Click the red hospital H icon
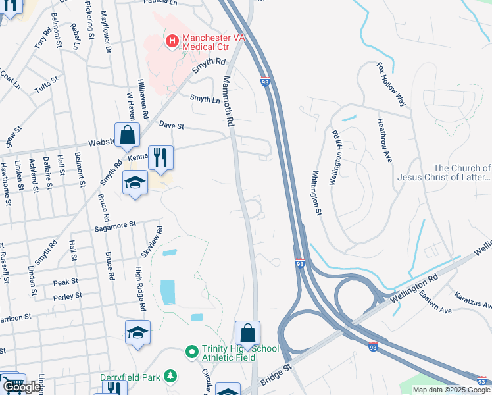pyautogui.click(x=172, y=41)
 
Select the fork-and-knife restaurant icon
pyautogui.click(x=160, y=158)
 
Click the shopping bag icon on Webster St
pyautogui.click(x=127, y=136)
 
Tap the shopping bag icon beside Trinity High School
pyautogui.click(x=248, y=333)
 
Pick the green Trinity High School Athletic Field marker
pyautogui.click(x=191, y=352)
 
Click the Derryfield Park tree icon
pyautogui.click(x=171, y=376)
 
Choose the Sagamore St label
pyautogui.click(x=114, y=224)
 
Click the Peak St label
pyautogui.click(x=66, y=282)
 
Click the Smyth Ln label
pyautogui.click(x=205, y=99)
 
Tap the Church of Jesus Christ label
pyautogui.click(x=443, y=172)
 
